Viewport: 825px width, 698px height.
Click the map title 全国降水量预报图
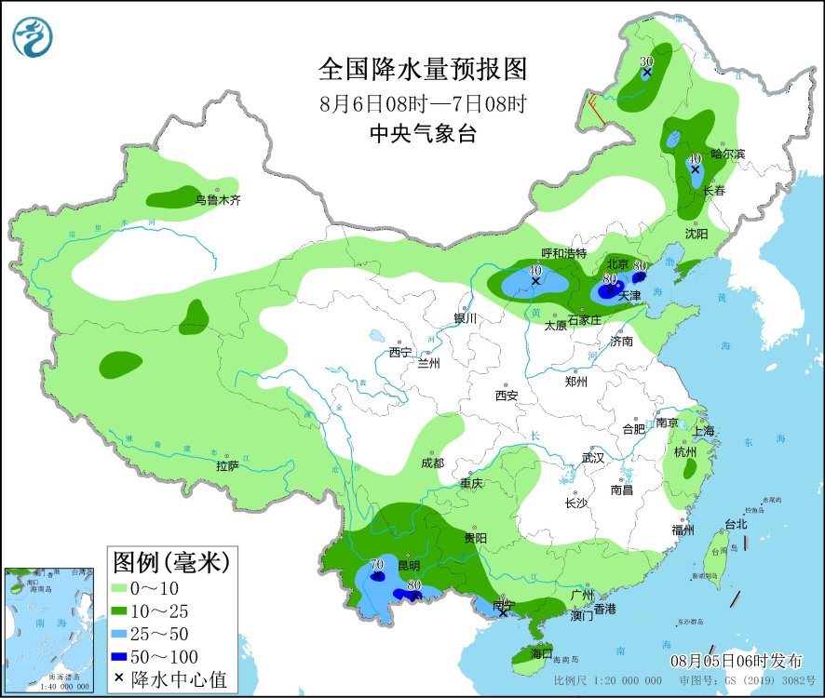tap(423, 70)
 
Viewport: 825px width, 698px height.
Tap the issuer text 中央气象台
tap(423, 134)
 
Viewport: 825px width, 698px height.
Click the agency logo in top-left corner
tap(33, 37)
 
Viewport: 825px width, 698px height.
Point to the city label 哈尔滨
tap(727, 154)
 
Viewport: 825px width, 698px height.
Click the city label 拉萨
tap(227, 465)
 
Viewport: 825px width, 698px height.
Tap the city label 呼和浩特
tap(564, 253)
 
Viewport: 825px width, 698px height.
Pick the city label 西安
tap(507, 396)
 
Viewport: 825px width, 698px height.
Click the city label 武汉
tap(593, 458)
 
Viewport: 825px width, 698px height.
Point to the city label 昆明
tap(409, 565)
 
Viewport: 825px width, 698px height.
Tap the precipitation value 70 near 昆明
tap(376, 564)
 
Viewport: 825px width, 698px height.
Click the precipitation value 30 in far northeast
tap(646, 61)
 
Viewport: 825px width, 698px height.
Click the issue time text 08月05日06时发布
tap(737, 661)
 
